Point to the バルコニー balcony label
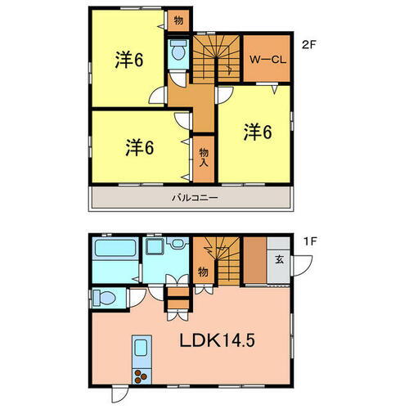click(x=194, y=198)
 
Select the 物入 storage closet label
click(x=204, y=155)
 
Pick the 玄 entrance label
click(x=279, y=261)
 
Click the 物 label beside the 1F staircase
click(x=203, y=271)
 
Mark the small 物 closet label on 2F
click(x=178, y=19)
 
